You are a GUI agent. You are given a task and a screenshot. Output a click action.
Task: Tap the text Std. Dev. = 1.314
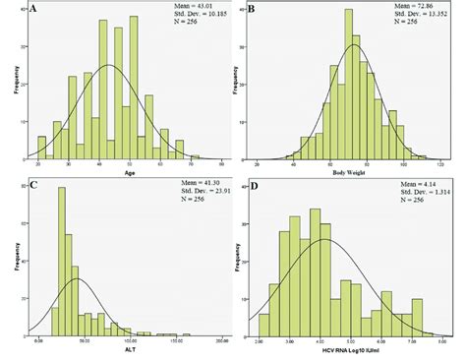pos(393,191)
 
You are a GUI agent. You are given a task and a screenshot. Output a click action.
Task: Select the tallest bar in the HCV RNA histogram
pos(316,270)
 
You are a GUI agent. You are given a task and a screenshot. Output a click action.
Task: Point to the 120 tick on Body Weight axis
pos(439,160)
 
